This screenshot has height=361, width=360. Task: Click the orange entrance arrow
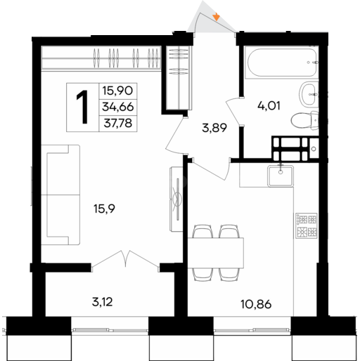tap(217, 17)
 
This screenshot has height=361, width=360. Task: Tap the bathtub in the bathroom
tap(281, 63)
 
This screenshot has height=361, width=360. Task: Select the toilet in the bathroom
tap(305, 120)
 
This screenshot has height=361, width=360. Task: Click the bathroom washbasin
tap(308, 94)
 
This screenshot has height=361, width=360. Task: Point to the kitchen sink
tap(281, 176)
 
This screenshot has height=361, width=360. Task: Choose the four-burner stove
tap(307, 225)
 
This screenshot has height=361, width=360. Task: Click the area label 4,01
tap(269, 106)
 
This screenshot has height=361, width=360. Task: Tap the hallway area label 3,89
tap(214, 128)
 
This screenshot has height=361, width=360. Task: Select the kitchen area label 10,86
tap(256, 304)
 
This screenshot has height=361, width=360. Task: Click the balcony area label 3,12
tap(103, 302)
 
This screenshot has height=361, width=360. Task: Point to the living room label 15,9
tap(104, 209)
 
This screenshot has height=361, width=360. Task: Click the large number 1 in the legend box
tap(82, 107)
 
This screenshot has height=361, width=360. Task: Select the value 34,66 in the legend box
tap(118, 107)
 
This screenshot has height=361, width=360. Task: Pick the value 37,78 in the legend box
tap(118, 123)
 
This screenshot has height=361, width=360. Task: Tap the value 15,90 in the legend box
tap(118, 91)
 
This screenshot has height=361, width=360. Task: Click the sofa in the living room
tap(60, 195)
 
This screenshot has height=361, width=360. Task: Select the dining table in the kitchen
tap(216, 253)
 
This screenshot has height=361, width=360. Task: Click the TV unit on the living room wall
tap(176, 199)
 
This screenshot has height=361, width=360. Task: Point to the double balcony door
tap(125, 259)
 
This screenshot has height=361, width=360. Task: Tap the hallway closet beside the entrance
tap(179, 77)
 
